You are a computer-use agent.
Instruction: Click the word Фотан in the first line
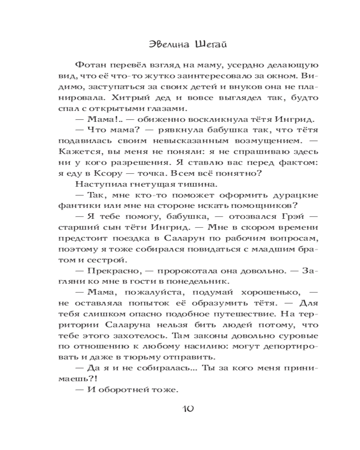tap(90, 65)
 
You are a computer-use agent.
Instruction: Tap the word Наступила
tap(96, 184)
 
